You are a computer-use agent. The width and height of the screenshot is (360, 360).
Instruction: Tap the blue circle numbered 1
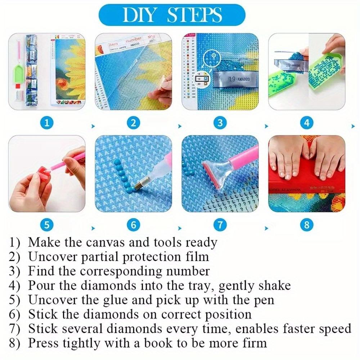pos(47,123)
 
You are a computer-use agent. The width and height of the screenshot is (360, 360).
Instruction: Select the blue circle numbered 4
pos(306,123)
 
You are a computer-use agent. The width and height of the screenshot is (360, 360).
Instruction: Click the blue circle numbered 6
pos(134,225)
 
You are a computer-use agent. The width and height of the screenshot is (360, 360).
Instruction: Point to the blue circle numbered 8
pos(306,225)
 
